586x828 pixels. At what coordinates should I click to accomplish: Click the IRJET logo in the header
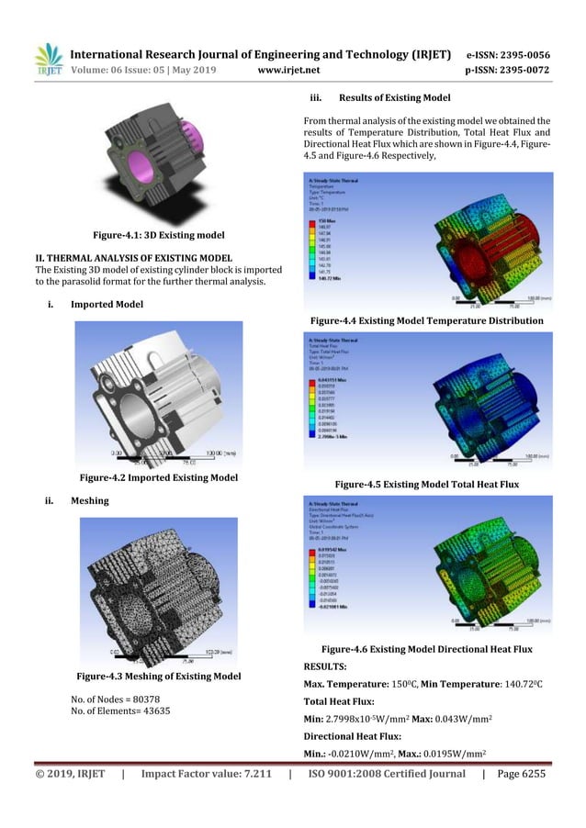point(43,60)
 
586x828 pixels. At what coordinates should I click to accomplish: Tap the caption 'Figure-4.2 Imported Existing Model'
point(159,477)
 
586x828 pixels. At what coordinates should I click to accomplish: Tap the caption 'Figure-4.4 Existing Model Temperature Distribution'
point(427,319)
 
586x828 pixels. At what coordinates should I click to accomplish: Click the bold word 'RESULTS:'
point(325,666)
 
